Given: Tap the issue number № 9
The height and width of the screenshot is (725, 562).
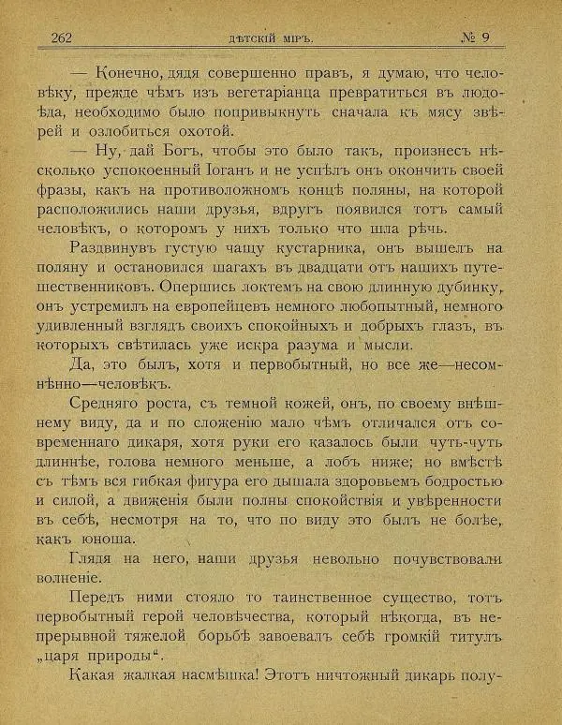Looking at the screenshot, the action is click(481, 37).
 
